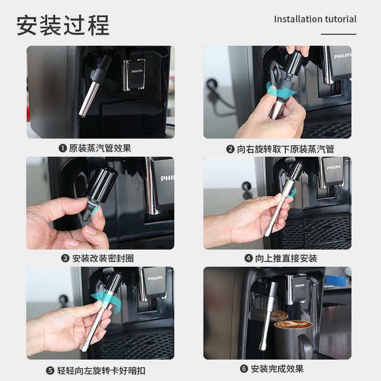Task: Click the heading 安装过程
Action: [63, 25]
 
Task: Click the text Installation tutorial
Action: [315, 19]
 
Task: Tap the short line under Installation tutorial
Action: [339, 34]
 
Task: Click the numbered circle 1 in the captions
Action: [63, 148]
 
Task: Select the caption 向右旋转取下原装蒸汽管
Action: [285, 149]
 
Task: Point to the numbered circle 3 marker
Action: [65, 258]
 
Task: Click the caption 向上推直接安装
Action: [286, 258]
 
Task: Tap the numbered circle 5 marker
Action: [50, 371]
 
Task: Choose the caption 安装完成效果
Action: [277, 369]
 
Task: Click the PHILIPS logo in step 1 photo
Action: [137, 71]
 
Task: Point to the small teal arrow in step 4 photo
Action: [292, 192]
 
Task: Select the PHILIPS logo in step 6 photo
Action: [300, 285]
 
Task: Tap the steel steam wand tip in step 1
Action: [81, 115]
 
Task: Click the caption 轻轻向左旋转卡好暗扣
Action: [101, 371]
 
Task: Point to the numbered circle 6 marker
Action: [244, 369]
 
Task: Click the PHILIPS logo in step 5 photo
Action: [155, 278]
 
